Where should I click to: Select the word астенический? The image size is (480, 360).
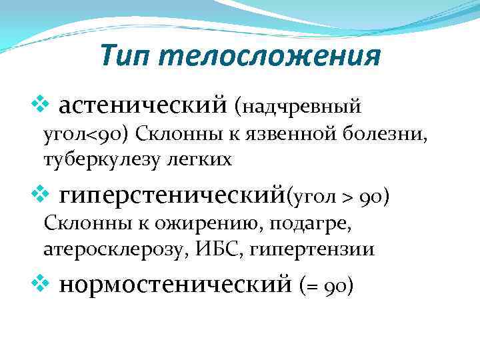click(x=144, y=105)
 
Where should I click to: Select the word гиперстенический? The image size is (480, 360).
click(x=172, y=195)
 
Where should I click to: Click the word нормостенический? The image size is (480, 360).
click(x=175, y=285)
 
